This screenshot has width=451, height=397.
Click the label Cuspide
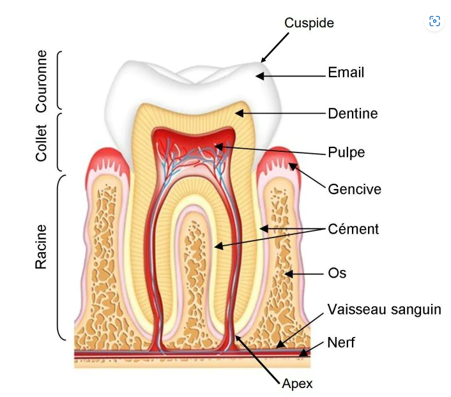point(309,23)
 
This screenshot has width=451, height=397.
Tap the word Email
point(346,73)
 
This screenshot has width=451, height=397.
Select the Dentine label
point(353,114)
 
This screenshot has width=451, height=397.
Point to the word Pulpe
point(346,153)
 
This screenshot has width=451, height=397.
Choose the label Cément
point(353,228)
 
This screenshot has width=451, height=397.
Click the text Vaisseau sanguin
point(384,310)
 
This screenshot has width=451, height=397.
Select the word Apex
point(297,384)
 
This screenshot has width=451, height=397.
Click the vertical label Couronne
point(42,81)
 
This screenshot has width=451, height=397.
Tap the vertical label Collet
point(42,142)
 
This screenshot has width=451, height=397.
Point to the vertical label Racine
point(42,246)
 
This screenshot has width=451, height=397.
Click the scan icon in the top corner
point(434,21)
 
